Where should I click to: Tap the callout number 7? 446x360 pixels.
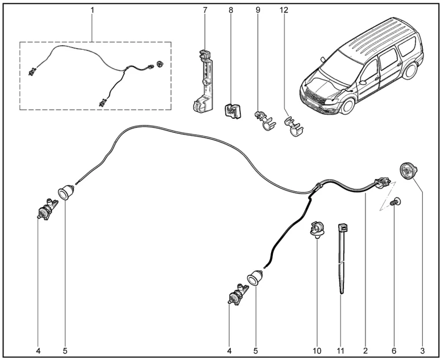click(x=204, y=10)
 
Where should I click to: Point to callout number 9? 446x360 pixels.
click(x=259, y=10)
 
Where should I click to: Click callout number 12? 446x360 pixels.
click(x=284, y=10)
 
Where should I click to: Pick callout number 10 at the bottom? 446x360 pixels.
click(x=316, y=351)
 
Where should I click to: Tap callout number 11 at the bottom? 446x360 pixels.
click(x=340, y=351)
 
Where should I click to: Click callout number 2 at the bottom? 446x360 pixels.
click(x=365, y=351)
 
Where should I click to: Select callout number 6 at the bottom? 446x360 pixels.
click(x=395, y=351)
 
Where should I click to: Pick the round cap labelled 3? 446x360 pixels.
click(x=410, y=171)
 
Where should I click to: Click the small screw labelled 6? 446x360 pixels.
click(x=396, y=202)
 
